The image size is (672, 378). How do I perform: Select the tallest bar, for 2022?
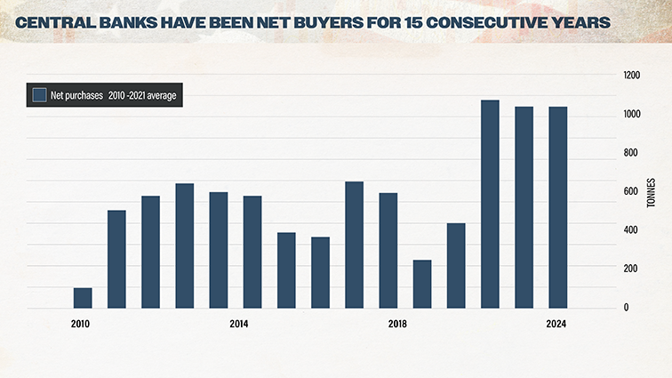[490, 205]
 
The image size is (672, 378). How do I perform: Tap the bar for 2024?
[557, 207]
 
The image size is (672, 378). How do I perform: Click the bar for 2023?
[524, 207]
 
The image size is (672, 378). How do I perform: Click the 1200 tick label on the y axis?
[630, 76]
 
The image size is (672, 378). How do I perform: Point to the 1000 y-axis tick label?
[630, 115]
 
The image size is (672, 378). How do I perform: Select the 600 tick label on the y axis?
[628, 192]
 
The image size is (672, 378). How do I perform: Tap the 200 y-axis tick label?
[628, 269]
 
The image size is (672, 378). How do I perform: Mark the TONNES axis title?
[651, 191]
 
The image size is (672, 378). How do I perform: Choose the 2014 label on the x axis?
[239, 324]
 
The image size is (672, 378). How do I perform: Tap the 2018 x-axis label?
[398, 324]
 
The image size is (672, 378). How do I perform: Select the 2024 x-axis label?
[557, 324]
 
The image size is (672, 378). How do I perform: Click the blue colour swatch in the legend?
[39, 95]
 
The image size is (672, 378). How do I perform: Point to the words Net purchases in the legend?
[76, 95]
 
